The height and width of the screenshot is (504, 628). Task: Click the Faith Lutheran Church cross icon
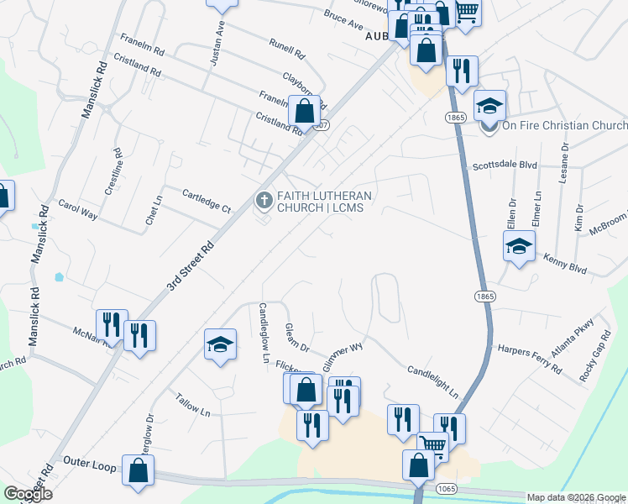(263, 199)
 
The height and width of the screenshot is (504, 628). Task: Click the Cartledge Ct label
(207, 200)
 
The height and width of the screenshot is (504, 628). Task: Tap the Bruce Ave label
(343, 16)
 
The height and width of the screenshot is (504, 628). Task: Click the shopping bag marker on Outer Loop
(137, 470)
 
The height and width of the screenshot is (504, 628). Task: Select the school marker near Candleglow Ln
(220, 344)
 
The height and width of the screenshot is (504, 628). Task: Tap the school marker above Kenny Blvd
(519, 246)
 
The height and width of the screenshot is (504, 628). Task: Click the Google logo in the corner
(27, 494)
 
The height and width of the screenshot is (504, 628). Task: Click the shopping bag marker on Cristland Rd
(304, 110)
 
